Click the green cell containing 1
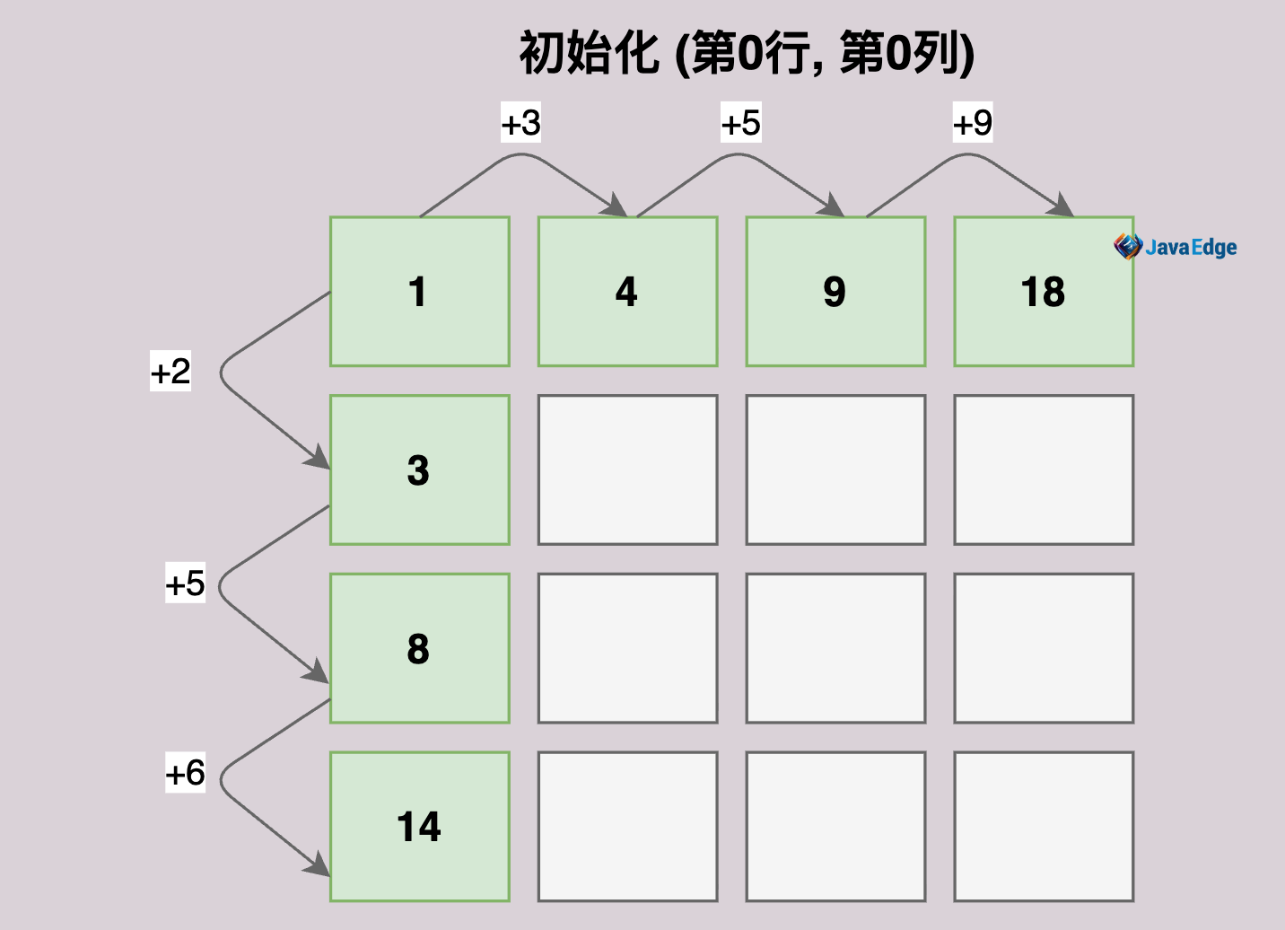pyautogui.click(x=420, y=292)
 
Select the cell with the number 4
pyautogui.click(x=627, y=292)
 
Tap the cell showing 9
pyautogui.click(x=835, y=292)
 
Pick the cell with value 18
pyautogui.click(x=1045, y=292)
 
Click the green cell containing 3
pyautogui.click(x=420, y=469)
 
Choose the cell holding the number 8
pyautogui.click(x=420, y=648)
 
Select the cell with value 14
pyautogui.click(x=420, y=827)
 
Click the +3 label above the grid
pyautogui.click(x=520, y=122)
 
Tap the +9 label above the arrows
pyautogui.click(x=973, y=122)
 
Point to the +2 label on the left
pyautogui.click(x=170, y=372)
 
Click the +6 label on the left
pyautogui.click(x=185, y=772)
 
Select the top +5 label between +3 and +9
pyautogui.click(x=741, y=122)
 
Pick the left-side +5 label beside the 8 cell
pyautogui.click(x=185, y=583)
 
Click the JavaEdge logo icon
pyautogui.click(x=1128, y=247)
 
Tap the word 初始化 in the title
pyautogui.click(x=589, y=53)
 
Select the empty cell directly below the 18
pyautogui.click(x=1045, y=469)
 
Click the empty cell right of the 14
pyautogui.click(x=627, y=827)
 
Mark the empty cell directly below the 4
pyautogui.click(x=627, y=469)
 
